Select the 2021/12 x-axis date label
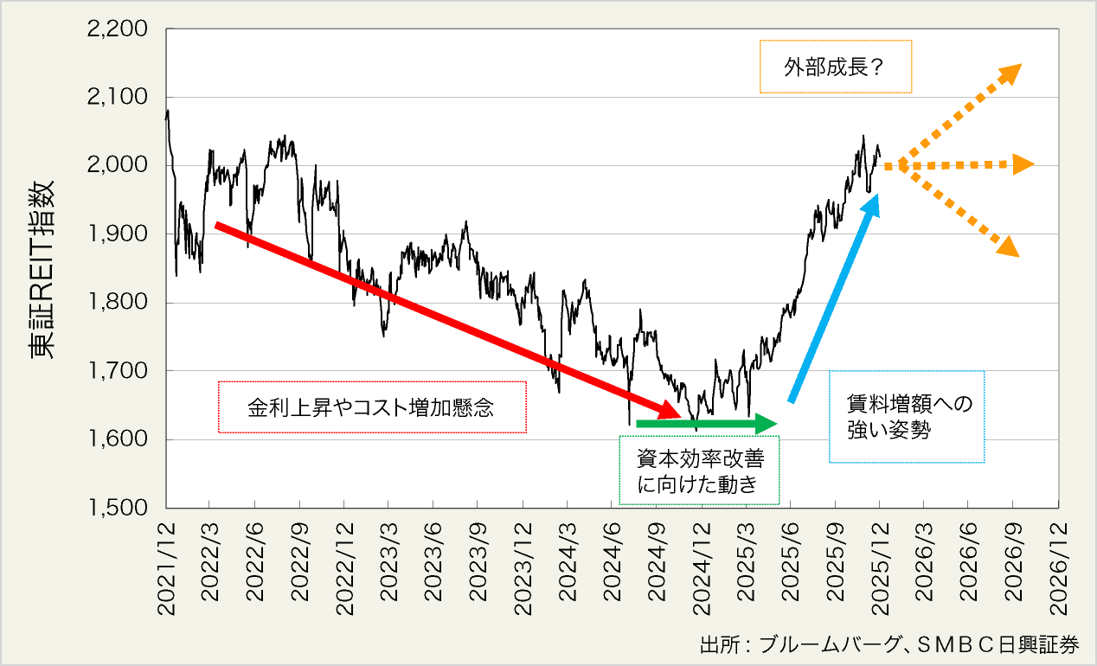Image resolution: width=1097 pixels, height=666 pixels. coord(166,567)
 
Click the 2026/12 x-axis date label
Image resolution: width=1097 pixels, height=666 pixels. coord(1058,567)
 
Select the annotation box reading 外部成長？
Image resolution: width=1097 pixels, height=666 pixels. coord(835,67)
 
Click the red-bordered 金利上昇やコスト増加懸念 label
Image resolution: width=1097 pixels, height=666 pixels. coord(372,407)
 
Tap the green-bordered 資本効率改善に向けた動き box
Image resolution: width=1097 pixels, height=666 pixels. coord(700,471)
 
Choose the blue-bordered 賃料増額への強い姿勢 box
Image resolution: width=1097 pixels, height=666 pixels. coord(907,417)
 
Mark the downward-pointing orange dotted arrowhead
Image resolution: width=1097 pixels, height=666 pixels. coord(1009,248)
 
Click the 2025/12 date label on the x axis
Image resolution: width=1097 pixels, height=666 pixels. coord(880,567)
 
